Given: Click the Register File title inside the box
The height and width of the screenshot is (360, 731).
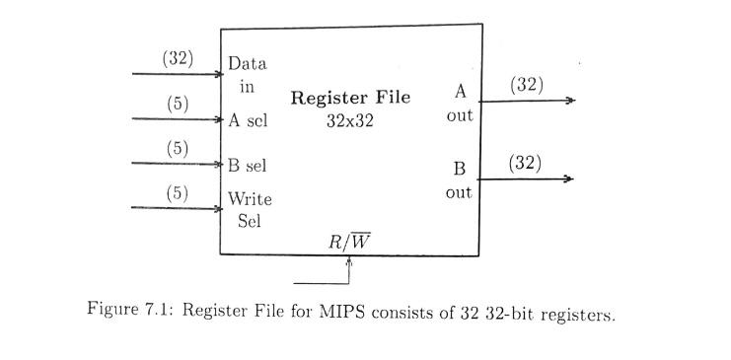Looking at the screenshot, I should [x=350, y=99].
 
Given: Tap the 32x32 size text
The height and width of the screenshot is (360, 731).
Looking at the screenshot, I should [x=350, y=122].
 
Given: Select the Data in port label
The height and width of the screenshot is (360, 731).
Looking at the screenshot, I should [x=247, y=75].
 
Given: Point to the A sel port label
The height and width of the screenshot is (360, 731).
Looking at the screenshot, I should [x=248, y=122].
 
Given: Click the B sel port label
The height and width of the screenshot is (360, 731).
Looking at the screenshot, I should [x=248, y=166].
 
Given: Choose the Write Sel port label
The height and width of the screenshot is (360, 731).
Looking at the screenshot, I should [x=250, y=209].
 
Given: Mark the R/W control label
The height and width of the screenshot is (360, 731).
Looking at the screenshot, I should [x=350, y=241].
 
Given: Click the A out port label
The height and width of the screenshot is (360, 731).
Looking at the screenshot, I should [x=459, y=104].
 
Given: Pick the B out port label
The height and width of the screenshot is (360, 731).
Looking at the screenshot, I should [x=459, y=180].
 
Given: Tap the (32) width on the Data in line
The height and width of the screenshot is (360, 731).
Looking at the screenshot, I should [x=178, y=58].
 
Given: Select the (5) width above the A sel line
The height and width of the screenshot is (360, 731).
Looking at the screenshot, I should [x=177, y=104].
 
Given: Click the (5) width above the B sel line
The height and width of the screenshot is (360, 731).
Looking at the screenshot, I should [x=177, y=149].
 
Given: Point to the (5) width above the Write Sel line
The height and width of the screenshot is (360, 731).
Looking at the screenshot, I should [x=177, y=193].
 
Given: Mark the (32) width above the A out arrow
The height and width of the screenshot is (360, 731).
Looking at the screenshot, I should [x=527, y=85].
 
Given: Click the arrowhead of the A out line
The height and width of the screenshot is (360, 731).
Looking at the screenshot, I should [x=569, y=101].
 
